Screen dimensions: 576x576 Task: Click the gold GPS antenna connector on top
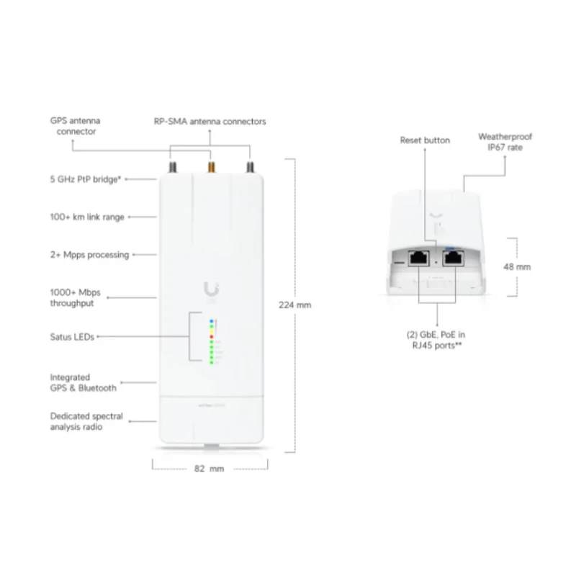211,167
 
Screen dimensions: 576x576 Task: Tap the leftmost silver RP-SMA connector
173,167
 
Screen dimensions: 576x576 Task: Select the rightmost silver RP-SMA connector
250,167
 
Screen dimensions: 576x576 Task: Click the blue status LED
212,321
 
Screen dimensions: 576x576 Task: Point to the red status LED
212,336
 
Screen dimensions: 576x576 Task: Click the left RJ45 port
419,258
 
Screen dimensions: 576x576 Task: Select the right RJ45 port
454,258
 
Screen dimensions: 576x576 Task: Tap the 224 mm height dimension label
295,305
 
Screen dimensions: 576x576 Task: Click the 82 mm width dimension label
209,469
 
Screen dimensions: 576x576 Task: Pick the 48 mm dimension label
517,267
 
